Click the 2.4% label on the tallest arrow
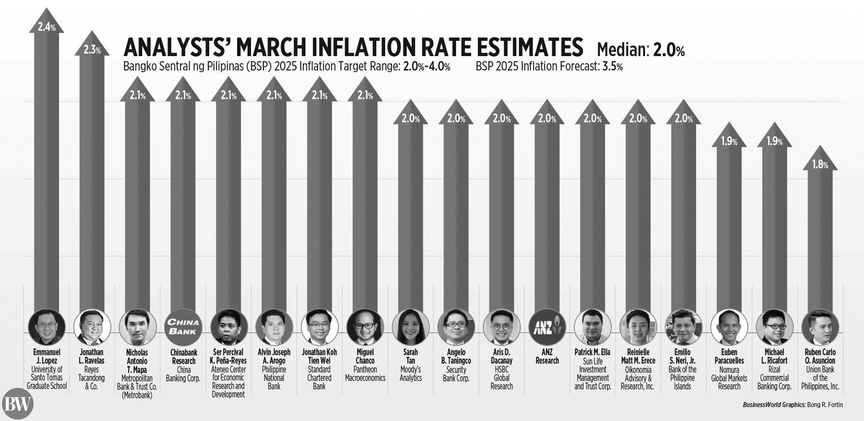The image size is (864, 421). pos(46,27)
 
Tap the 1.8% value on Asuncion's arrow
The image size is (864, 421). pos(820,165)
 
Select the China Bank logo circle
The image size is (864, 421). pos(183,327)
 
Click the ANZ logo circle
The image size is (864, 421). pos(547,327)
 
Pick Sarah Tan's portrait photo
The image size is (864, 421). pos(410,327)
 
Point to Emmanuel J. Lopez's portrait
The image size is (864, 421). pos(46,327)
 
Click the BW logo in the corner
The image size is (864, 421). pos(17,404)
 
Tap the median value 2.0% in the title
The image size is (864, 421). pos(669,51)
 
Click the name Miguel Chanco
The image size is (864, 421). pos(365,356)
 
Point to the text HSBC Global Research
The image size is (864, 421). pos(502,378)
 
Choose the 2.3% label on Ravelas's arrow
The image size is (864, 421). pos(92,50)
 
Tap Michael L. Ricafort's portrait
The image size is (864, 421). pos(774,327)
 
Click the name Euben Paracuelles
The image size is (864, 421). pos(729,356)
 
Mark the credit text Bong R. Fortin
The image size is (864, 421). pos(825,405)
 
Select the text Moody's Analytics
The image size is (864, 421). pos(410,374)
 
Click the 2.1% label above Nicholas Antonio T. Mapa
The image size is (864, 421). pos(138,96)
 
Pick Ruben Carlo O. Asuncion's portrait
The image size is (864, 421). pos(820,327)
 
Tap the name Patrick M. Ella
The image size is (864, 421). pos(592,352)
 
